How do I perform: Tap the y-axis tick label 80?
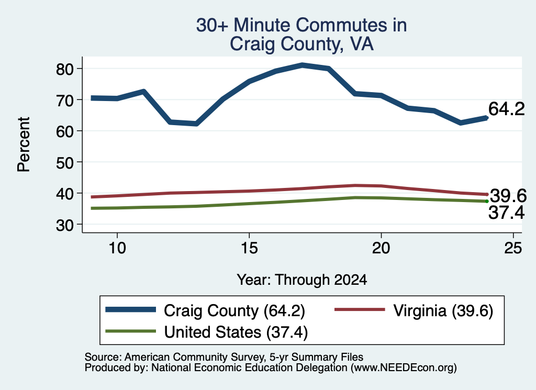point(64,70)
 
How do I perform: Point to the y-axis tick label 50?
point(64,163)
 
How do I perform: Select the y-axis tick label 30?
point(64,225)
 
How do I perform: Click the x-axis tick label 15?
point(249,248)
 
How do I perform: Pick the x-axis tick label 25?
point(513,248)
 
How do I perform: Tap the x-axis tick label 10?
point(117,248)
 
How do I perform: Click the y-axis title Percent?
point(24,144)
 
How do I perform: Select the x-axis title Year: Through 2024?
point(302,280)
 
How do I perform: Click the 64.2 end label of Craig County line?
point(506,109)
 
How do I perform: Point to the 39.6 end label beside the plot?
point(508,196)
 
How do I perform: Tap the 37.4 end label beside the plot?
point(506,213)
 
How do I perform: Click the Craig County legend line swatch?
point(130,310)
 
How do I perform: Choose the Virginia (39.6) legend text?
point(443,311)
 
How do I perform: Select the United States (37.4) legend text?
point(236,332)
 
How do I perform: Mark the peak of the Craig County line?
point(302,65)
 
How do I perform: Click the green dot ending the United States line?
point(487,202)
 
